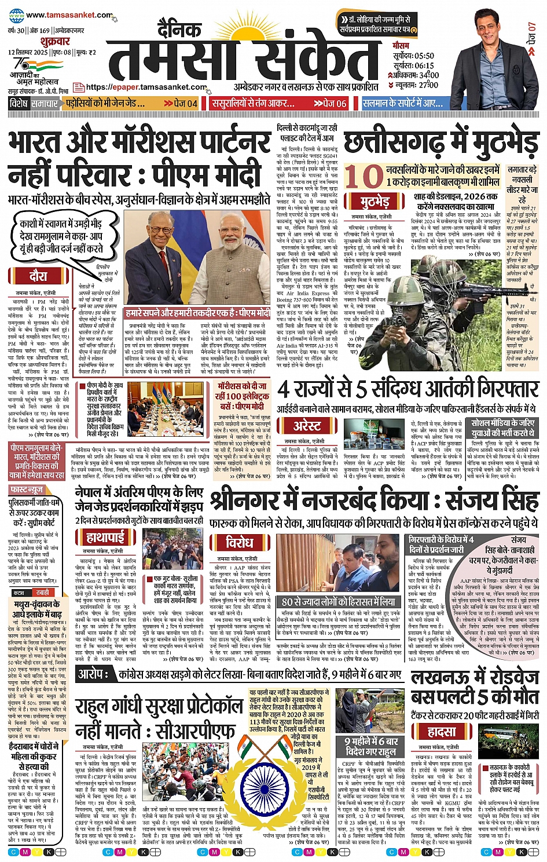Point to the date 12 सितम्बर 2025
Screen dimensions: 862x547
pos(27,52)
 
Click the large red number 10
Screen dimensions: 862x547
pos(364,176)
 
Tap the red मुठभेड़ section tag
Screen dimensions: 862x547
pos(375,202)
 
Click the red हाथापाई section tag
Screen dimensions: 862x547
pos(105,537)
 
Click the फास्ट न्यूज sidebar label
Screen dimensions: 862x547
pos(27,490)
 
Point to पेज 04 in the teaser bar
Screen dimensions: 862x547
pos(181,103)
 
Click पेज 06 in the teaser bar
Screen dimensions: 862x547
pos(331,103)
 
